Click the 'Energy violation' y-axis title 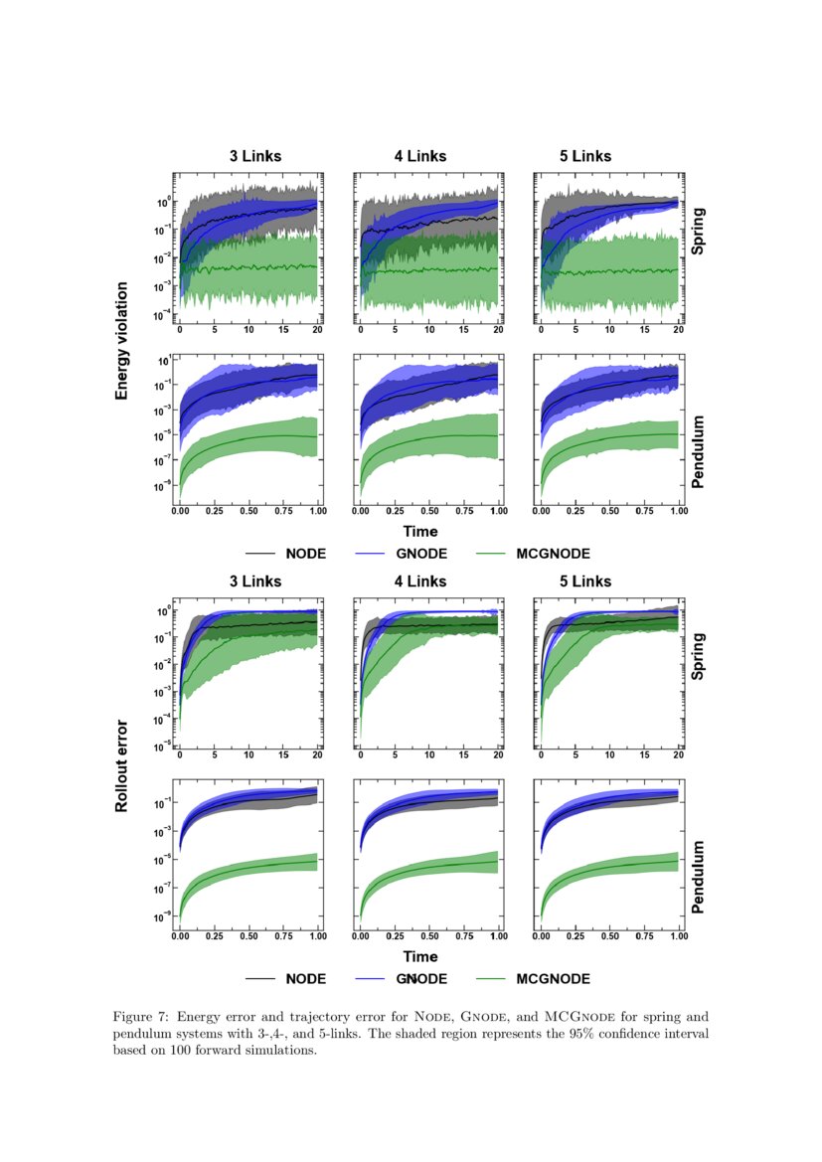122,341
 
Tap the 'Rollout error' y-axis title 122,765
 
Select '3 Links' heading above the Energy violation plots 255,156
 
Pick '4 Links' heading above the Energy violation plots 420,156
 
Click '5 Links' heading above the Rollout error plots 585,581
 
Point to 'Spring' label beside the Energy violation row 698,231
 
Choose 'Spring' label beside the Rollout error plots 698,656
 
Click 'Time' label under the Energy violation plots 420,532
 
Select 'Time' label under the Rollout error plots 420,956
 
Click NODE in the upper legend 305,554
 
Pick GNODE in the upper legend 421,554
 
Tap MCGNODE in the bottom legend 553,979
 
